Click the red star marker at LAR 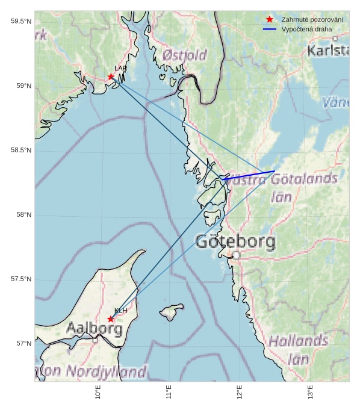pos(111,76)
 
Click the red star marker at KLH pos(111,318)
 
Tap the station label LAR pos(120,69)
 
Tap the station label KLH pos(120,311)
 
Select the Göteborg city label pos(235,243)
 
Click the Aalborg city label pos(94,329)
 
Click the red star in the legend pos(270,20)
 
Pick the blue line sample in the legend pos(270,29)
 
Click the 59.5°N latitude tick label pos(20,22)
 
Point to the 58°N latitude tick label pos(23,215)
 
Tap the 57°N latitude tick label pos(23,344)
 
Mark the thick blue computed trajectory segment pos(249,175)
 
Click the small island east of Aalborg pos(172,311)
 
